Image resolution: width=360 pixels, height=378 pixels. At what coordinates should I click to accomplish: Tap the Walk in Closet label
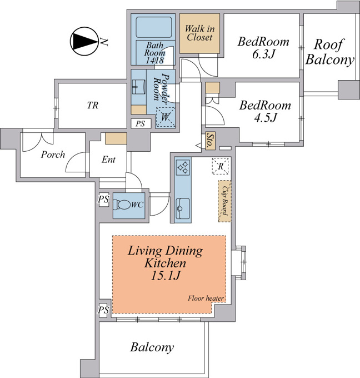pyautogui.click(x=199, y=33)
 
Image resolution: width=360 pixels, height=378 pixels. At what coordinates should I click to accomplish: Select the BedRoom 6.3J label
pyautogui.click(x=263, y=47)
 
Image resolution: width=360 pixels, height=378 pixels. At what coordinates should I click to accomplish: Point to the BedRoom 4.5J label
pyautogui.click(x=265, y=111)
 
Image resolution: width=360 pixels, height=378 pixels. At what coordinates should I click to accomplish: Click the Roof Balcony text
pyautogui.click(x=329, y=52)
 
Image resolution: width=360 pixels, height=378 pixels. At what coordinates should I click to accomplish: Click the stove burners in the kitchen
pyautogui.click(x=183, y=167)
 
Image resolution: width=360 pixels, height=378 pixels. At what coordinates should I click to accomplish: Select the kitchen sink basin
pyautogui.click(x=183, y=208)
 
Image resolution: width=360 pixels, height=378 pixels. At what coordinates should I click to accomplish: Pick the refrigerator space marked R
pyautogui.click(x=221, y=166)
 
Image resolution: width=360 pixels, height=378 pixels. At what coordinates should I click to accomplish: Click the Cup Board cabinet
pyautogui.click(x=224, y=201)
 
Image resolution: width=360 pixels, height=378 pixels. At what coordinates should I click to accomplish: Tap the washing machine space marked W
pyautogui.click(x=166, y=117)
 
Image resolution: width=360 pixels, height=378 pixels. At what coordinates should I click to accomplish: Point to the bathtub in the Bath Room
pyautogui.click(x=154, y=27)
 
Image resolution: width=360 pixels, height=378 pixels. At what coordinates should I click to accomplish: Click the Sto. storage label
pyautogui.click(x=210, y=141)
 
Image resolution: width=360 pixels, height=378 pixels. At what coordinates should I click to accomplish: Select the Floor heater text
pyautogui.click(x=206, y=299)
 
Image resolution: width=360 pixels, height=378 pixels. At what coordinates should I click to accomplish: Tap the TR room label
pyautogui.click(x=93, y=106)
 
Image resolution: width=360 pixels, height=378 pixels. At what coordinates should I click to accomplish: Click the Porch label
pyautogui.click(x=53, y=155)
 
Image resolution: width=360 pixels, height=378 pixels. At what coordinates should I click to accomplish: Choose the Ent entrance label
pyautogui.click(x=108, y=160)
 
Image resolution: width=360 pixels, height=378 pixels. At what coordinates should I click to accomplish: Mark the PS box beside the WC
pyautogui.click(x=104, y=200)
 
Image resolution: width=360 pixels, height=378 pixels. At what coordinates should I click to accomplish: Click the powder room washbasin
pyautogui.click(x=139, y=87)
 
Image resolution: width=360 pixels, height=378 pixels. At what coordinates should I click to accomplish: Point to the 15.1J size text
pyautogui.click(x=166, y=275)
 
